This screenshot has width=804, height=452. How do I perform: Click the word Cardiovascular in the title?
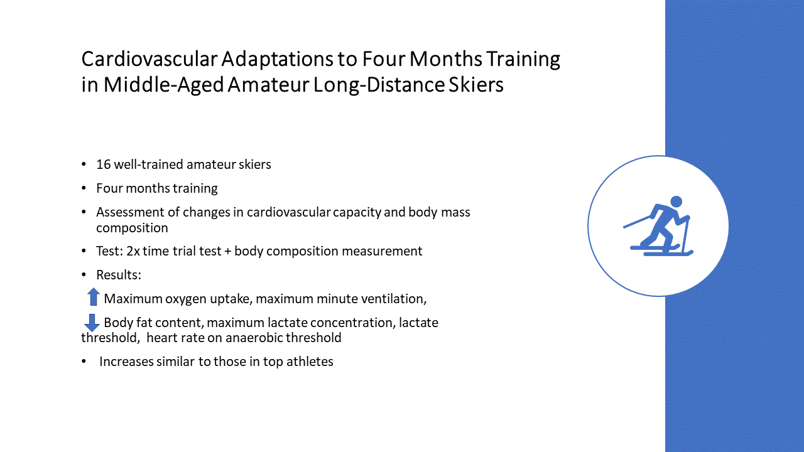(x=149, y=59)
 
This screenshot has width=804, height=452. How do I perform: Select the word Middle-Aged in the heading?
(x=164, y=85)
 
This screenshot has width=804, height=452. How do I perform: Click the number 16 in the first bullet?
(x=104, y=164)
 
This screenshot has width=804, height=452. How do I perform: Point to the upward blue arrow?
(x=94, y=297)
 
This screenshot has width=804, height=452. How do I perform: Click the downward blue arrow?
(x=92, y=323)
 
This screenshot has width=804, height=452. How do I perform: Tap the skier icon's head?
(x=676, y=202)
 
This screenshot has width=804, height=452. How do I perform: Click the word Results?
(x=119, y=275)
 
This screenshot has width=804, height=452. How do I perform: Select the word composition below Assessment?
(x=132, y=228)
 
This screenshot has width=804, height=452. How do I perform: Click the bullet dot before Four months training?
(x=84, y=188)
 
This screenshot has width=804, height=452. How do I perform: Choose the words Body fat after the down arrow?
(x=129, y=323)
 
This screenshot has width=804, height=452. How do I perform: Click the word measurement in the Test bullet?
(x=382, y=251)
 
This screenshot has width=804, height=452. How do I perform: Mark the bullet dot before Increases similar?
(x=84, y=362)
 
